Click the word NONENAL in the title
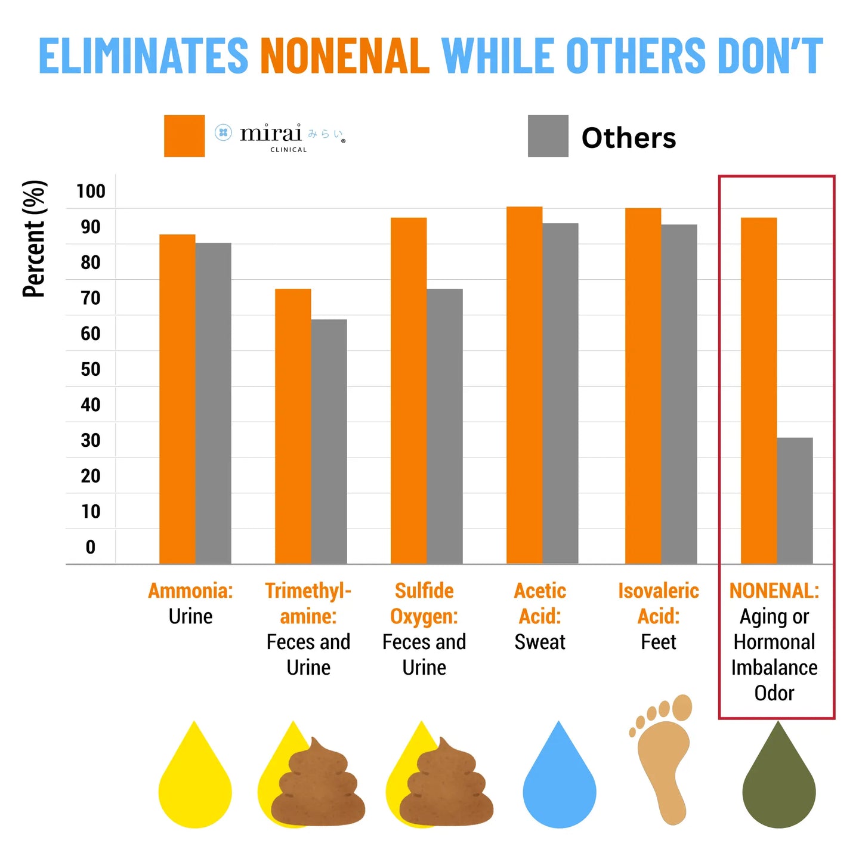point(344,56)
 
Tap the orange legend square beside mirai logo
point(184,136)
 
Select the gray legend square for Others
point(548,136)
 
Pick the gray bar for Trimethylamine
point(329,441)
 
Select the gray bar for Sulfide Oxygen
point(444,426)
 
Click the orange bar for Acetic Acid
point(524,385)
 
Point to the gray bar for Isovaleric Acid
point(679,394)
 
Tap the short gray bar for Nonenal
point(795,500)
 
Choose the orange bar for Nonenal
point(759,390)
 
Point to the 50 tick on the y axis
point(91,369)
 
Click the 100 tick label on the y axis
point(91,191)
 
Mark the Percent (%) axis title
point(34,239)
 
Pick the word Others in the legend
point(628,138)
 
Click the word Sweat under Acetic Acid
point(540,642)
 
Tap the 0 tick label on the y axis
point(91,547)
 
